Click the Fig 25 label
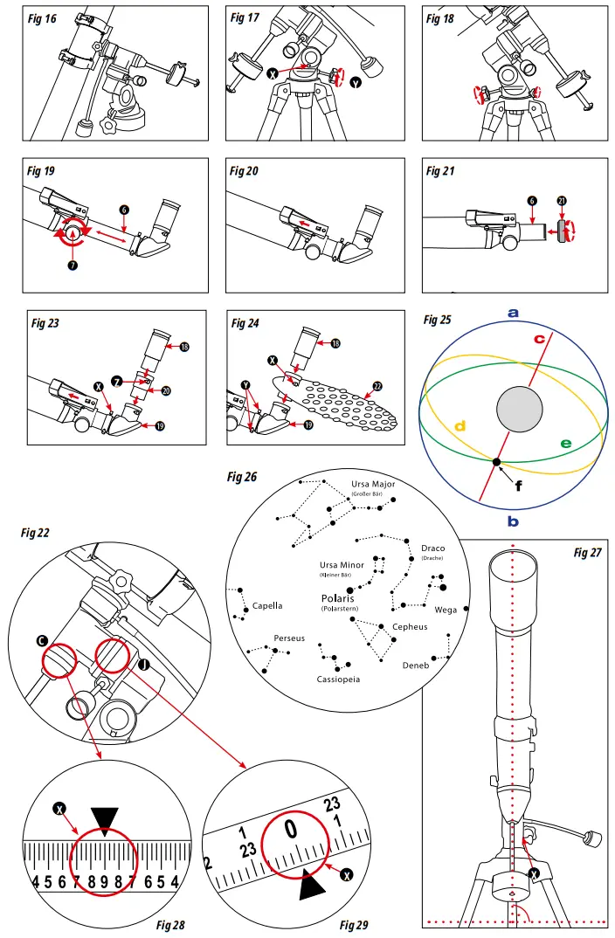coord(438,320)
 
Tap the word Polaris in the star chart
coord(340,598)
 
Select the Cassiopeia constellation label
coord(338,678)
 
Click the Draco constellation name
coord(433,548)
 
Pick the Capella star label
coord(267,605)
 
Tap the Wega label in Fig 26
coord(446,610)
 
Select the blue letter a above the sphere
coord(514,313)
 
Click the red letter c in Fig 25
coord(540,338)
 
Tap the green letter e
coord(565,444)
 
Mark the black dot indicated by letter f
coord(496,461)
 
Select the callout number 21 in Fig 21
coord(563,203)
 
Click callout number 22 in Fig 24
coord(377,386)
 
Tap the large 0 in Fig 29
coord(292,828)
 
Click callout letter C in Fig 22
coord(42,641)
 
